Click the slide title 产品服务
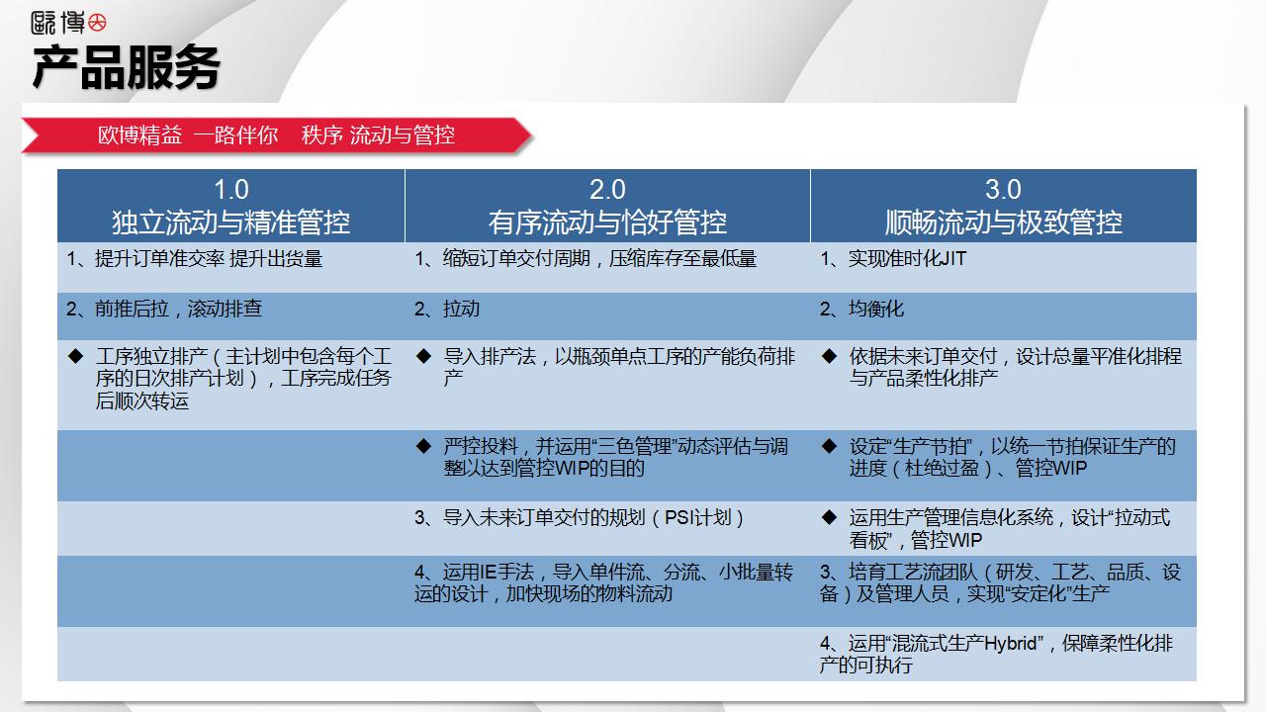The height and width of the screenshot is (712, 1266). (x=126, y=68)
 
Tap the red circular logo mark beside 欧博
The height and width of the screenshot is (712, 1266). (x=97, y=23)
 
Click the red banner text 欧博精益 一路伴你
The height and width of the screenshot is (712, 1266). (x=188, y=135)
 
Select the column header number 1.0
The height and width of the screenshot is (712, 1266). (x=231, y=189)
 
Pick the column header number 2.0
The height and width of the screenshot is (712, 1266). (x=607, y=189)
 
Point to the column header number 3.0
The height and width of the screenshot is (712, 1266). (x=1003, y=189)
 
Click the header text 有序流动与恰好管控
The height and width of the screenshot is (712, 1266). (x=607, y=222)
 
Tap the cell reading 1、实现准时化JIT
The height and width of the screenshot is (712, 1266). (x=893, y=259)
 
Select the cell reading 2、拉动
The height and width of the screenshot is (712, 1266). (x=447, y=309)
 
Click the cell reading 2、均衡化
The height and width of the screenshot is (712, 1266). (x=861, y=309)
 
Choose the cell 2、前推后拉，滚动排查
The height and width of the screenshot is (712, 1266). (x=164, y=309)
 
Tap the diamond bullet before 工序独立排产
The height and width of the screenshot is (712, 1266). (x=76, y=356)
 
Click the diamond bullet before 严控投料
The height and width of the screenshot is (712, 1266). (x=424, y=446)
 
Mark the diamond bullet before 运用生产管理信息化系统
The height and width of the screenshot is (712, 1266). (x=829, y=517)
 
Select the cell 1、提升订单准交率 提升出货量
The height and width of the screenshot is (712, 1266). (x=195, y=259)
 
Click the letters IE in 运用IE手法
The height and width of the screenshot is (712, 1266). (x=488, y=573)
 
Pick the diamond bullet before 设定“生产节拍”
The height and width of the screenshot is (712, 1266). (x=829, y=446)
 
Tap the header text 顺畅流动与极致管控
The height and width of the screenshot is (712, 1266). (x=1003, y=222)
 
